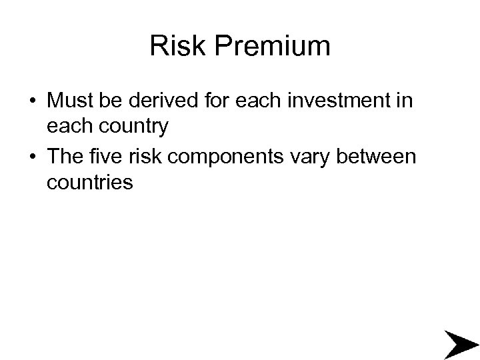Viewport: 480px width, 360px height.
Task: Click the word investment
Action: coord(339,101)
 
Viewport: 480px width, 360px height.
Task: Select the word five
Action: coord(110,157)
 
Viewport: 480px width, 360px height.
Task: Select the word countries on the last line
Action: coord(90,181)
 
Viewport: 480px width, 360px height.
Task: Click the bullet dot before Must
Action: coord(32,102)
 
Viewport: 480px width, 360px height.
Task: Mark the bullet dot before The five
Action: coord(32,158)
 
